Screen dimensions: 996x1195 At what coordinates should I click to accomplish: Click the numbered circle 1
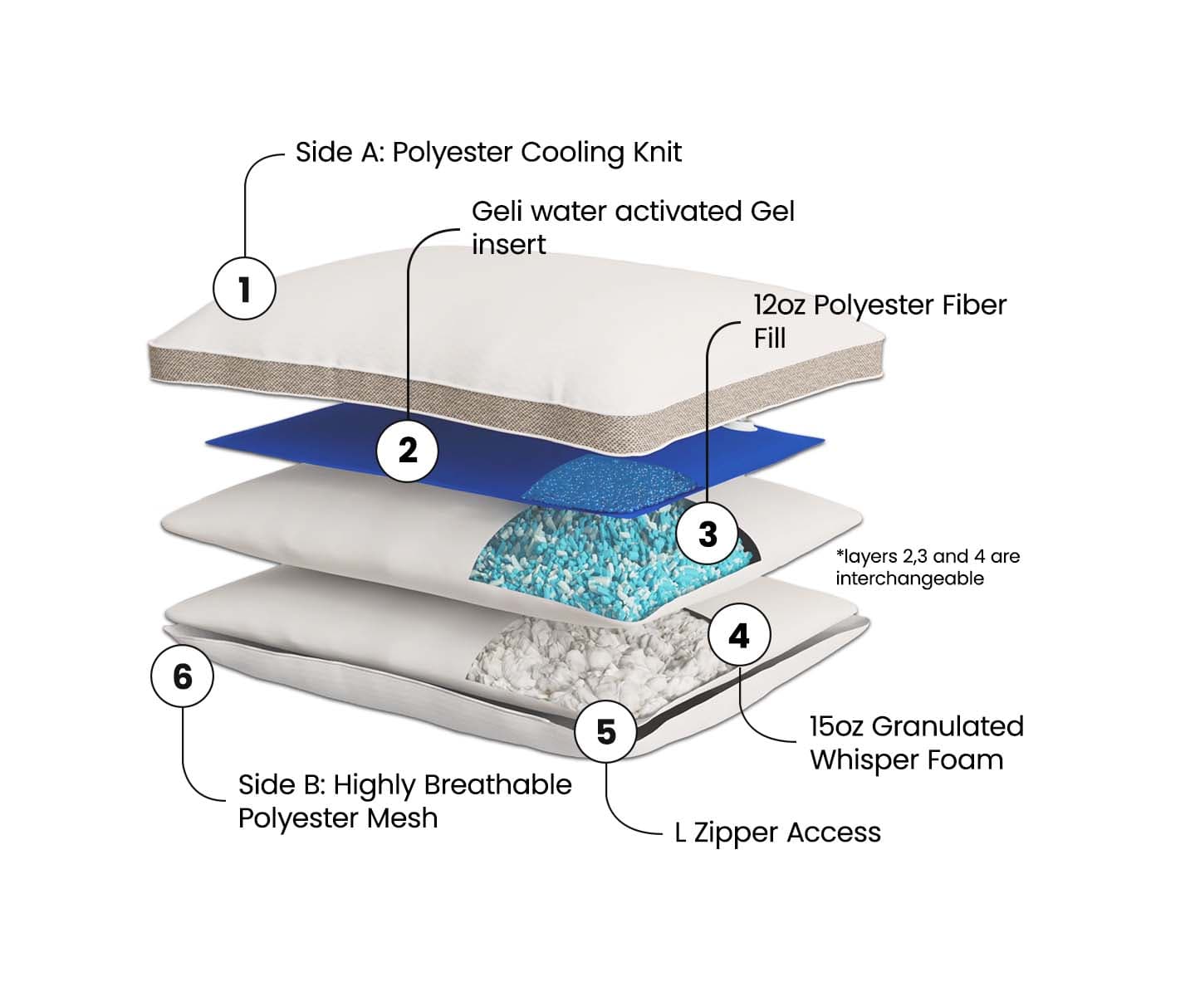click(x=244, y=289)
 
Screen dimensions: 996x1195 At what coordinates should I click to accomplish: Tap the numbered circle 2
click(x=408, y=450)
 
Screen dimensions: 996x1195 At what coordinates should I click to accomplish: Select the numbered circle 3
click(x=708, y=534)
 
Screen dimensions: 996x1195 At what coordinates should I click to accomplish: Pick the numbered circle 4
click(x=739, y=636)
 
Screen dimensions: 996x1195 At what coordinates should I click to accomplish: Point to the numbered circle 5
click(x=606, y=731)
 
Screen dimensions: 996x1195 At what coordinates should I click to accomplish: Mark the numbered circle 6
click(x=182, y=676)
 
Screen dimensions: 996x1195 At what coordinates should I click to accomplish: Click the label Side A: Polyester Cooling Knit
click(x=488, y=153)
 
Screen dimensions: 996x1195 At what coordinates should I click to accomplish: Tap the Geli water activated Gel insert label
click(x=632, y=227)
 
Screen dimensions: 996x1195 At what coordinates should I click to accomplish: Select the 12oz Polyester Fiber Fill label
click(x=879, y=321)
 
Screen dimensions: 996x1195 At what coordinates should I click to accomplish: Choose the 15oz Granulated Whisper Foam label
click(x=915, y=743)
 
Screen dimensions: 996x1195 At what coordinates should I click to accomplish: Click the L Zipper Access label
click(x=777, y=832)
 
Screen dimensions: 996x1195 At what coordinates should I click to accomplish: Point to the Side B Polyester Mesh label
click(x=404, y=801)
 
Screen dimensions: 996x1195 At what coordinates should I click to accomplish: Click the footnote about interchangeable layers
click(x=927, y=567)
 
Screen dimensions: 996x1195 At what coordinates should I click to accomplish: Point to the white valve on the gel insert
click(x=742, y=427)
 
